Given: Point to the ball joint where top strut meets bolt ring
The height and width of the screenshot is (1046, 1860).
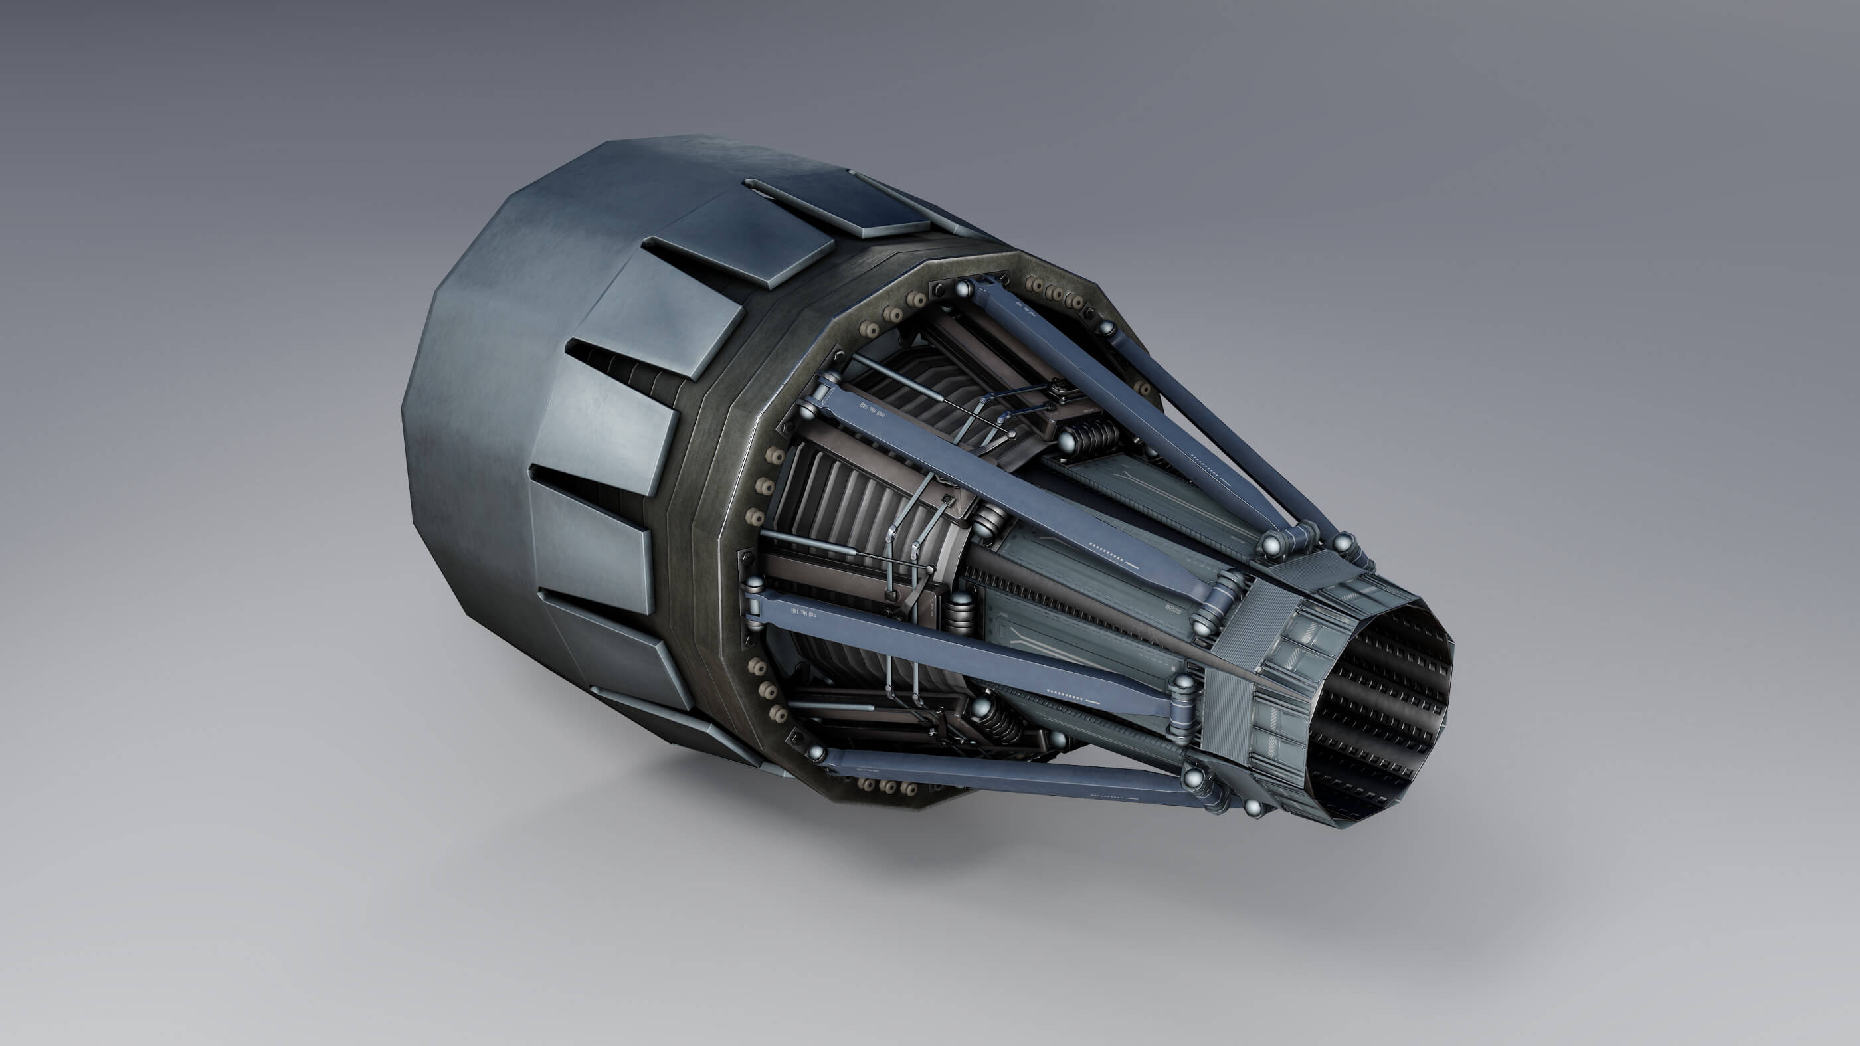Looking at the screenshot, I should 963,290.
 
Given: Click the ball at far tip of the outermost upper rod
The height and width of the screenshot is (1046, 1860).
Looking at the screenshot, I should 1343,541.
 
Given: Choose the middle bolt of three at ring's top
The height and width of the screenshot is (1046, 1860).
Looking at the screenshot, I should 1056,294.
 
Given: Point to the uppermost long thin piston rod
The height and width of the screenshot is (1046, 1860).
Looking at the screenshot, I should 903,376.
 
